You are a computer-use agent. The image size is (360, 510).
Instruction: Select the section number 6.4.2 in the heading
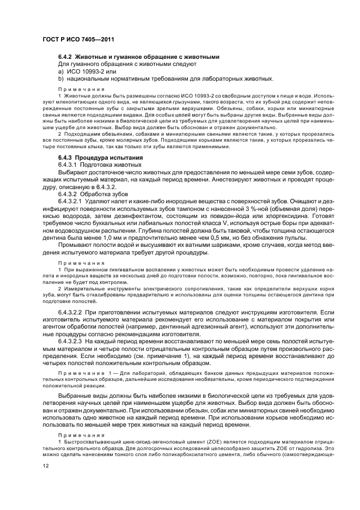(x=65, y=57)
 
